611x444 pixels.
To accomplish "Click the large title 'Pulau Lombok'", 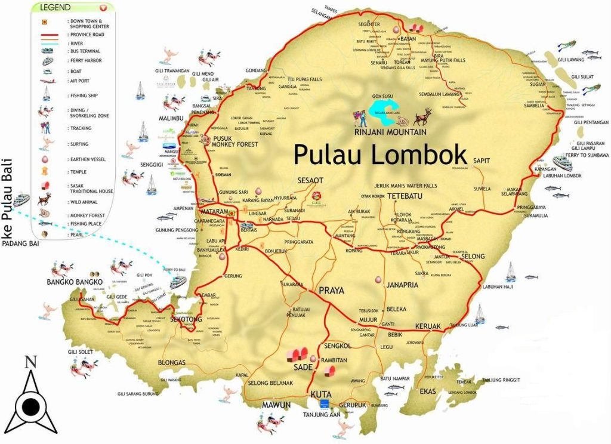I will (380, 154).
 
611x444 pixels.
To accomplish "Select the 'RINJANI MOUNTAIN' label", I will (391, 132).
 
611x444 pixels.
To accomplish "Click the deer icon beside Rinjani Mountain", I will (422, 115).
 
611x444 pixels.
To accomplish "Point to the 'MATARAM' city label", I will (214, 212).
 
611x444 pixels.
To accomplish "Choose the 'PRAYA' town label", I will (332, 291).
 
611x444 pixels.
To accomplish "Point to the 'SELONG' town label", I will (473, 257).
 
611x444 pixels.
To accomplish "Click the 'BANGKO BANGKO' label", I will (75, 282).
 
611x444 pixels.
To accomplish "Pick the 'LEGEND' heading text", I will (55, 8).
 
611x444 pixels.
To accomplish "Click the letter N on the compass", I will (31, 362).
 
